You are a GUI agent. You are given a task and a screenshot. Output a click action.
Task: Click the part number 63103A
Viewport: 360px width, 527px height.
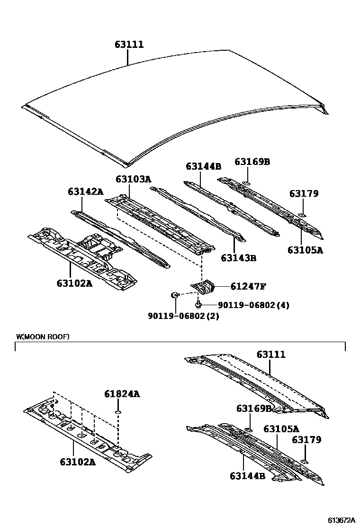[133, 179]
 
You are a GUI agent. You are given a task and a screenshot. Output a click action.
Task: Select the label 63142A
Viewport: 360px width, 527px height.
[85, 191]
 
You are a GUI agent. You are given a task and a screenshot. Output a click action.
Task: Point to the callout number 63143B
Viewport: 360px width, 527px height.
[239, 258]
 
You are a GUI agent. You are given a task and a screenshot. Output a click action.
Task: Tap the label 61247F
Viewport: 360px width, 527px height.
[248, 286]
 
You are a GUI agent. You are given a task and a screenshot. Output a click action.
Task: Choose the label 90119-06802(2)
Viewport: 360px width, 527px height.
[182, 316]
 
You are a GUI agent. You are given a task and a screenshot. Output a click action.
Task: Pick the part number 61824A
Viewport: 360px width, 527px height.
[122, 394]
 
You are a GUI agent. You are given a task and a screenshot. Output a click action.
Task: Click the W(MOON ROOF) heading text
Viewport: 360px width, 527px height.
[43, 337]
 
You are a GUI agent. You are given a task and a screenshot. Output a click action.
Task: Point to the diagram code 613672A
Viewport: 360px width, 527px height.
[342, 520]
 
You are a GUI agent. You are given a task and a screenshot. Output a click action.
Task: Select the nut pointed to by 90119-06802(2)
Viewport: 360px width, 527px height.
[174, 296]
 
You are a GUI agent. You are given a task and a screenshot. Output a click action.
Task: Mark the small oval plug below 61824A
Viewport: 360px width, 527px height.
[119, 413]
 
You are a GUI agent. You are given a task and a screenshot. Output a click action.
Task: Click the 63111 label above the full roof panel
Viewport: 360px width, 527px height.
[129, 45]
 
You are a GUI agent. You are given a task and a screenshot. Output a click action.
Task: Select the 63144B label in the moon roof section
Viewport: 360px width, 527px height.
[247, 476]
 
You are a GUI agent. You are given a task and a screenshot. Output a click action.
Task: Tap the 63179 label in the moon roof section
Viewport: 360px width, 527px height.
[306, 440]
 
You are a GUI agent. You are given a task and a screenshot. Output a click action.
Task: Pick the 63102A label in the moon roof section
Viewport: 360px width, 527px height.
[78, 461]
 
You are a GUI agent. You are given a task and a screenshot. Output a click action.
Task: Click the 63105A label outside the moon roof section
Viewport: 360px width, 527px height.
[305, 250]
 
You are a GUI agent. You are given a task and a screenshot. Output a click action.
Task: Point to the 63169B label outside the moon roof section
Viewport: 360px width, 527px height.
[252, 162]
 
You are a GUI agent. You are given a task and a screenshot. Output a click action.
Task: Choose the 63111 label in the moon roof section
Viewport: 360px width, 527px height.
[271, 354]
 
